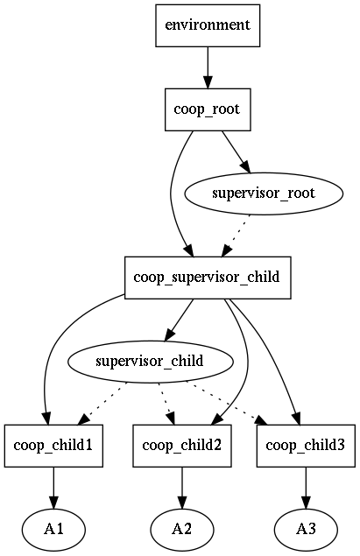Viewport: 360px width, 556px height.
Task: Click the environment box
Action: tap(208, 25)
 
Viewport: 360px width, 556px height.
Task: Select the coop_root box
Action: tap(208, 109)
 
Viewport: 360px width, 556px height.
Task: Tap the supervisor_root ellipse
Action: tap(264, 194)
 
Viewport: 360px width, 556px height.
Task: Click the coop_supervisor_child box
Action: tap(208, 278)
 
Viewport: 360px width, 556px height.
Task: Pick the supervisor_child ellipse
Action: tap(150, 362)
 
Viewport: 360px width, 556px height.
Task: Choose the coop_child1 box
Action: tap(53, 446)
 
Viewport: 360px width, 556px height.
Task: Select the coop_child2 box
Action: tap(182, 446)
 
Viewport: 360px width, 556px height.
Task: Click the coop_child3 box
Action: tap(306, 446)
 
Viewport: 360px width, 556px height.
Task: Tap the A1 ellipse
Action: tap(53, 530)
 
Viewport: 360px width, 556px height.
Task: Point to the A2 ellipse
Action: tap(182, 530)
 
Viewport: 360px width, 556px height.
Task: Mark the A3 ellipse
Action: tap(306, 530)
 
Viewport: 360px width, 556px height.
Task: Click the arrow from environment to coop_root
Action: tap(208, 67)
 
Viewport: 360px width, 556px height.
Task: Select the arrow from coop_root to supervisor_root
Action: tap(236, 152)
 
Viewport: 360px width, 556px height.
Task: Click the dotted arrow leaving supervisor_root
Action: tap(236, 236)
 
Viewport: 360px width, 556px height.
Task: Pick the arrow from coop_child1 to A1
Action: tap(53, 488)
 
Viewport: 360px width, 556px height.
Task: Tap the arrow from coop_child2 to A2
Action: tap(182, 488)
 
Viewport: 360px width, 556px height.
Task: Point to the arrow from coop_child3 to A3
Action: tap(306, 488)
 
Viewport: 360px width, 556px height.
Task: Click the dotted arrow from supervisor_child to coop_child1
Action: tap(102, 403)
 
